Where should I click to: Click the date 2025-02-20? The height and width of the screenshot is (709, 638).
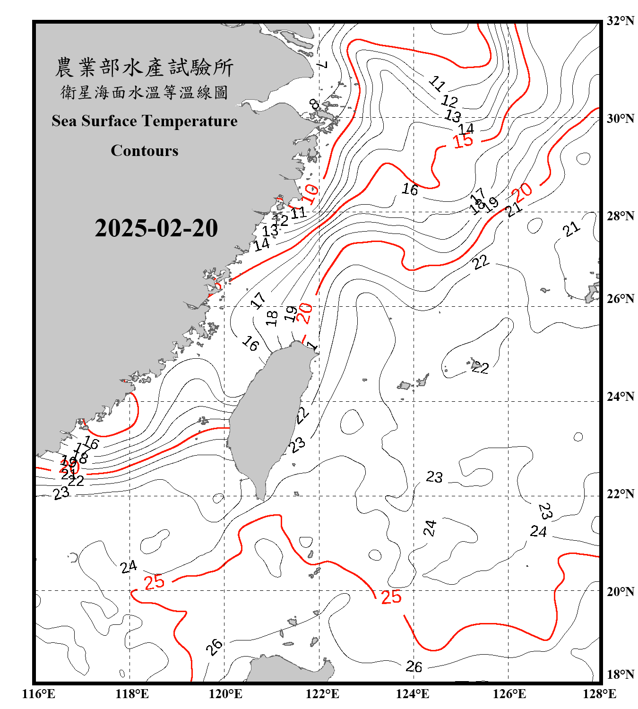point(156,228)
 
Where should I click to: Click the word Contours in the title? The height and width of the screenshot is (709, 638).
point(145,151)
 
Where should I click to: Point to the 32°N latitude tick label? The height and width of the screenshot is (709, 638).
point(620,21)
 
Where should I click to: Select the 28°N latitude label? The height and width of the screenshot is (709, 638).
point(620,216)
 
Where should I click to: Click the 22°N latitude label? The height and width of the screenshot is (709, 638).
point(620,494)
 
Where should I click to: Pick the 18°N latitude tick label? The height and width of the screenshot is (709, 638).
point(620,674)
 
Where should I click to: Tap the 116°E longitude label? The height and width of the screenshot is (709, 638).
point(39,694)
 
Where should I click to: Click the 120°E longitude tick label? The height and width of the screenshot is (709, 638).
point(225,694)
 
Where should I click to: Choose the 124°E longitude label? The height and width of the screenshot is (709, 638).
point(413,694)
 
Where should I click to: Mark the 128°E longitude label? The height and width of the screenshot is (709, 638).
point(599,694)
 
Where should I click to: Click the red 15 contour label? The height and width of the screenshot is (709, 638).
point(463,141)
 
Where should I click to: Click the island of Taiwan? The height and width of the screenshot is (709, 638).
point(267,416)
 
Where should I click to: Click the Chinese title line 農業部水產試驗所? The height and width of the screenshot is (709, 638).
point(145,68)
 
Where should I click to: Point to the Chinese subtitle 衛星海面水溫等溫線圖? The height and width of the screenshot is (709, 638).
point(145,92)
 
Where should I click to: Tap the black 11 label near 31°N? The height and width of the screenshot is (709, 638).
point(437,84)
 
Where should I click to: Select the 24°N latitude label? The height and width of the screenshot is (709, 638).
point(620,397)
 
